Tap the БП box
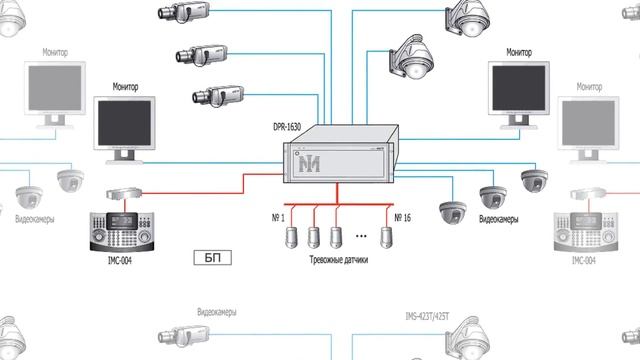point(212,258)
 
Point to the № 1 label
point(277,217)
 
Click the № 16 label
point(404,217)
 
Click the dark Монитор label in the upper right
point(518,51)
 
